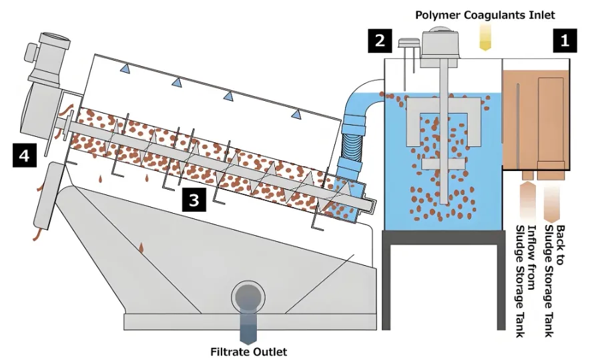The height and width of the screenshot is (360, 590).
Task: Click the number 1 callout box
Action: click(x=564, y=41)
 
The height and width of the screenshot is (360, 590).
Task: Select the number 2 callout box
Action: click(x=379, y=41)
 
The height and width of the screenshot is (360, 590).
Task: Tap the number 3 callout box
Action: click(x=194, y=200)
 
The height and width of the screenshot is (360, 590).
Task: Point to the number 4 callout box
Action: click(x=25, y=156)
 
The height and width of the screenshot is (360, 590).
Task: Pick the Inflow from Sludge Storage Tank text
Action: click(x=525, y=281)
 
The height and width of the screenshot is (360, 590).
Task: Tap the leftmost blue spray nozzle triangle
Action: click(x=124, y=68)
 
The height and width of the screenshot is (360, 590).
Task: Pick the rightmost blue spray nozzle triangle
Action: click(x=296, y=114)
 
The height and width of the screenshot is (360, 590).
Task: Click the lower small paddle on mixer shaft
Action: click(x=442, y=163)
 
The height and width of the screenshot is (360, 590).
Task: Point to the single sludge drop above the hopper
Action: click(x=141, y=249)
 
